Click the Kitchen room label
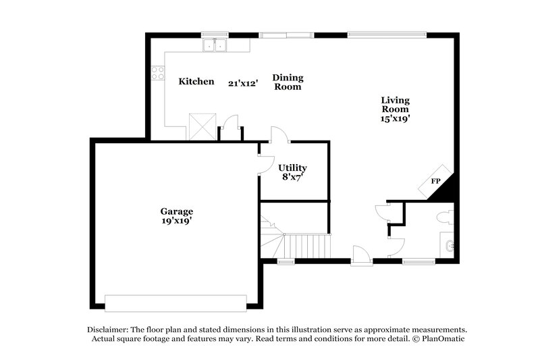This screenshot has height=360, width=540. pos(196,82)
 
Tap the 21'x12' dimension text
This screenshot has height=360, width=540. pos(243,83)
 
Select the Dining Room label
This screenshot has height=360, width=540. pos(287,82)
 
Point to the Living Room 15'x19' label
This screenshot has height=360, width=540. pos(396,109)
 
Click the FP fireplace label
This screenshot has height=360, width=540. pos(435,182)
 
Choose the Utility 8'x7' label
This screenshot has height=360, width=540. pos(292,172)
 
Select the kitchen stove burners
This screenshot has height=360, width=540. pos(158,72)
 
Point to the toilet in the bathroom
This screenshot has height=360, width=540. pos(444,217)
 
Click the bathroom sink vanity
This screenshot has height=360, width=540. pos(446,245)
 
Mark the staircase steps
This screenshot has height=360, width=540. pos(307,244)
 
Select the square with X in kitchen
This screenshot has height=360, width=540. pos(201,126)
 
